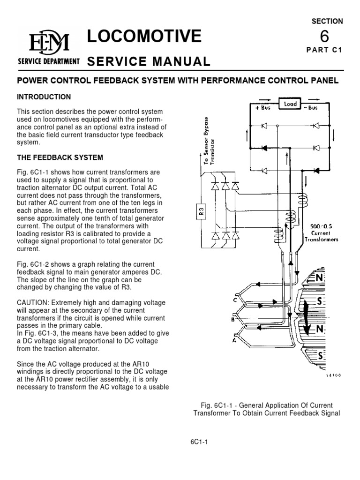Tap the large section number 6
(x=324, y=36)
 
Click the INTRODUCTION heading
(x=44, y=97)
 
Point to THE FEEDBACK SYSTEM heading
(x=60, y=157)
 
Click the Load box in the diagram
(x=290, y=104)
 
